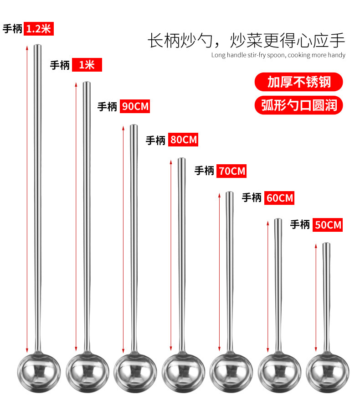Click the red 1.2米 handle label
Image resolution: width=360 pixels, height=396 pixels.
(39, 28)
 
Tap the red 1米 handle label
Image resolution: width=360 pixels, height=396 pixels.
(87, 65)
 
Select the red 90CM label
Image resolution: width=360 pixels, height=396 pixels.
(135, 106)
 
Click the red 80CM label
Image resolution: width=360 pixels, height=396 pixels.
(183, 139)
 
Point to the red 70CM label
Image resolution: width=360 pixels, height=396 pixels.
(231, 171)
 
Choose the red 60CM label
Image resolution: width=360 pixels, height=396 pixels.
(279, 198)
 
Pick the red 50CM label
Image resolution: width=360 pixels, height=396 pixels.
(327, 224)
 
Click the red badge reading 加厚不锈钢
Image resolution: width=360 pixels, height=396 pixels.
(298, 83)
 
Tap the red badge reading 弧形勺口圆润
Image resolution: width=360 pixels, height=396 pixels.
(298, 105)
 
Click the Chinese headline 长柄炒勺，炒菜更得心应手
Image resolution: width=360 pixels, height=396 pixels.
(246, 40)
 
